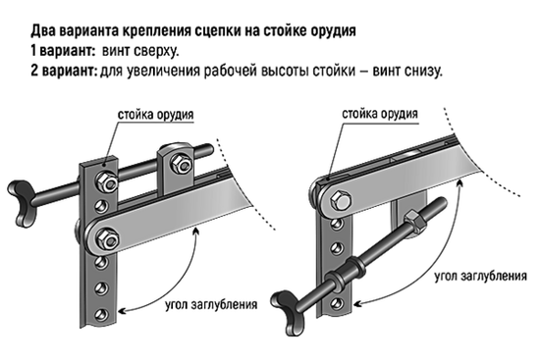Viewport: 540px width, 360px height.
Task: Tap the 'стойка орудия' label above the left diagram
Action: tap(155, 115)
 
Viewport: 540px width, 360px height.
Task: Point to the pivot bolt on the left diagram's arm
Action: tap(103, 236)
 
